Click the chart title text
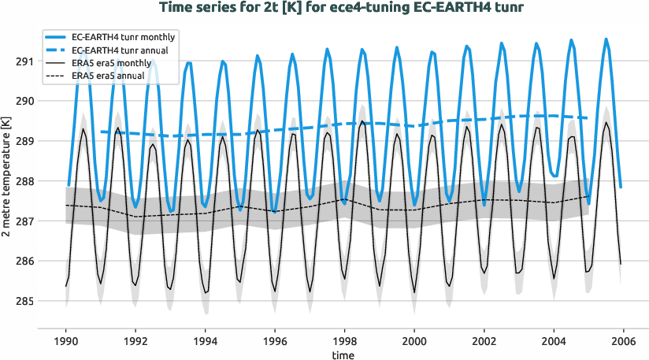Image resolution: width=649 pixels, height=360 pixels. (341, 9)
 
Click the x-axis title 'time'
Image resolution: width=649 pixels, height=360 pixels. (343, 355)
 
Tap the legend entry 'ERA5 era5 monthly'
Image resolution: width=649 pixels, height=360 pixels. (111, 62)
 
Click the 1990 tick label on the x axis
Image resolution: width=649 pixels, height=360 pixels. (66, 342)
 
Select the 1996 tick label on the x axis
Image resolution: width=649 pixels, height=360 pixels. (275, 342)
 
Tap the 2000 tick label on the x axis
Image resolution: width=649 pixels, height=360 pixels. (414, 342)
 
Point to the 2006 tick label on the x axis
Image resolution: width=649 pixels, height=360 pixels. (623, 342)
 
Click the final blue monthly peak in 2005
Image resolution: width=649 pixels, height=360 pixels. (606, 39)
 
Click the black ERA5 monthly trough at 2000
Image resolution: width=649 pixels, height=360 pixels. (415, 292)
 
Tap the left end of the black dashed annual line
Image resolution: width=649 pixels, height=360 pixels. (66, 205)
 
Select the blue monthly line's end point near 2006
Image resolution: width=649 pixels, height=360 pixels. (621, 187)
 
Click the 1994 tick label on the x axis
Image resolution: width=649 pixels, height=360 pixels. (206, 342)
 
